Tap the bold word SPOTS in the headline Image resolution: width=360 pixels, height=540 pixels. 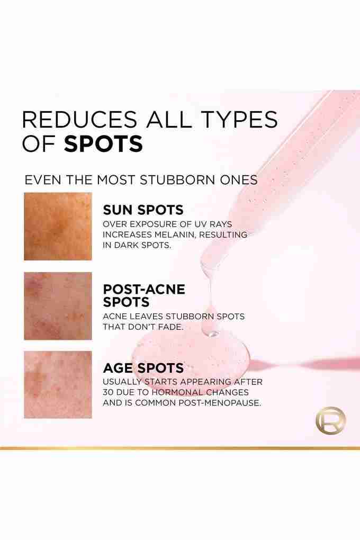pos(103,143)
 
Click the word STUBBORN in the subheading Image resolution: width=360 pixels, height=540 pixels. pos(184,180)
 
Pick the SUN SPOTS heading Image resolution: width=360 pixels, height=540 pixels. pos(143,210)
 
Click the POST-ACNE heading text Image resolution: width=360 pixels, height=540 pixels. pos(144,289)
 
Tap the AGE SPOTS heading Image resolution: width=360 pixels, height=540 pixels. pos(143,368)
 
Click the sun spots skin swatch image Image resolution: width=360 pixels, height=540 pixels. pos(58,226)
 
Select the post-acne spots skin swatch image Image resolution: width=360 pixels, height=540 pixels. pos(58,306)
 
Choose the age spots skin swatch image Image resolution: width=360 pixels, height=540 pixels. pos(58,385)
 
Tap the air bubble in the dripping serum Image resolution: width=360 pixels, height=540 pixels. pos(212,333)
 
